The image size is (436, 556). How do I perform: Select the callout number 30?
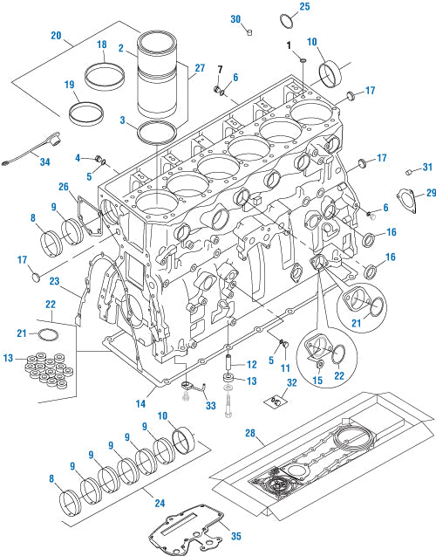[235, 18]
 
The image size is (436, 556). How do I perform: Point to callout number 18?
[101, 45]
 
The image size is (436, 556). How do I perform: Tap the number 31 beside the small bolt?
[426, 168]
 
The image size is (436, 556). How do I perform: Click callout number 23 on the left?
[53, 281]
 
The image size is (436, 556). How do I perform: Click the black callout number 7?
[221, 68]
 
